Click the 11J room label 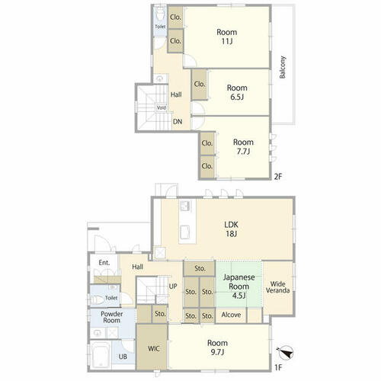click(227, 37)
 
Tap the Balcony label click(283, 67)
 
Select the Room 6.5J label click(237, 92)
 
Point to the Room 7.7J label click(243, 146)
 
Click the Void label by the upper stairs click(162, 108)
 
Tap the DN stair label click(178, 122)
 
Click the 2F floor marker click(278, 176)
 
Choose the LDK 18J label click(232, 229)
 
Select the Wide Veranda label click(277, 287)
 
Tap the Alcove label click(231, 315)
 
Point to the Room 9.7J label click(217, 347)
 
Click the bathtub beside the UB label click(101, 355)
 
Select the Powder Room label click(112, 317)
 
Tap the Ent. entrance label click(104, 263)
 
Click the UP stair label click(173, 287)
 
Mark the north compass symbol click(286, 353)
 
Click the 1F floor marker click(278, 367)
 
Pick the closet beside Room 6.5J click(200, 84)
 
